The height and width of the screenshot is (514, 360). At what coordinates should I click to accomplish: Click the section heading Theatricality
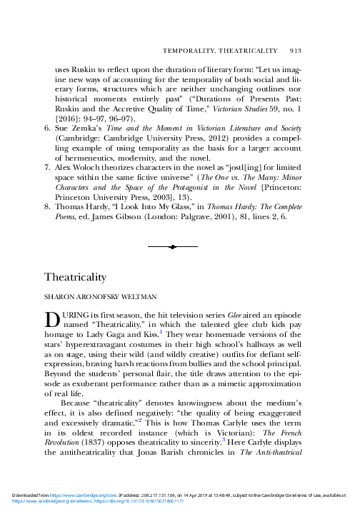click(x=74, y=275)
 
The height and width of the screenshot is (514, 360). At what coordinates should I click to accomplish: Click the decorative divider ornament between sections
click(x=172, y=226)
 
